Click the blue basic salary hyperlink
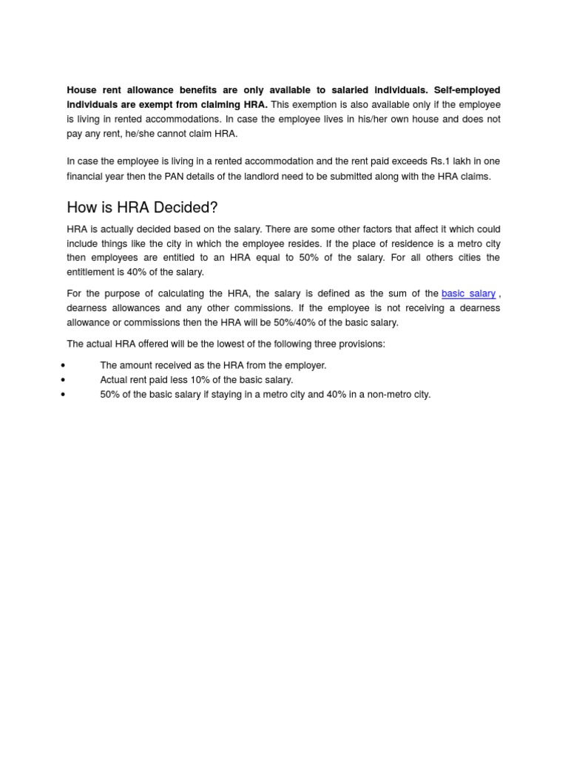point(468,293)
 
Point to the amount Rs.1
point(442,161)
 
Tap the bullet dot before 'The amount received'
point(64,365)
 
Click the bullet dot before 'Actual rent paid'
point(64,380)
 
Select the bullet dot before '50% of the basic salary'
point(64,395)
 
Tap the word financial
point(87,177)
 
